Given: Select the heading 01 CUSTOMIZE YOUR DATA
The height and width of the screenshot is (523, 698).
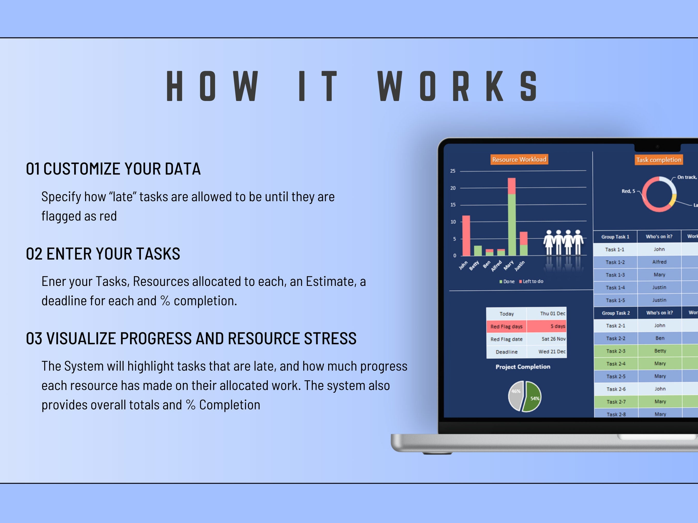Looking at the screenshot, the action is click(113, 169).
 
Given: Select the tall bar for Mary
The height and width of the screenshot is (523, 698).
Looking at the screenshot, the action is click(512, 217).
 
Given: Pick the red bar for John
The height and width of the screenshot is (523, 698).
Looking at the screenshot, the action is click(466, 236).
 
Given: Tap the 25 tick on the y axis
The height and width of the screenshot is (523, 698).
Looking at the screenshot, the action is click(453, 171).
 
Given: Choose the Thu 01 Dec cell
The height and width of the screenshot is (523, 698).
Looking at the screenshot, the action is click(547, 313).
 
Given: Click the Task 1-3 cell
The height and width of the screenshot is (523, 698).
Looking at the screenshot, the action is click(615, 275).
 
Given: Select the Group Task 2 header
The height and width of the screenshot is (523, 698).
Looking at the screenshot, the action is click(616, 313).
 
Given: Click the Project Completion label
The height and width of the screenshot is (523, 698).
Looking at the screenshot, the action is click(523, 367).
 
